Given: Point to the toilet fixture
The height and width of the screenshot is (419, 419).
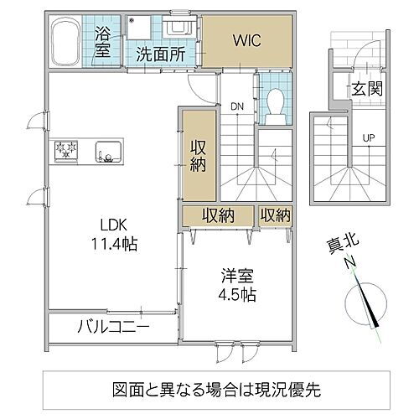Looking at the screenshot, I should [273, 103].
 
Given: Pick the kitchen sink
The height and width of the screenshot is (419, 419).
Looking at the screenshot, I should [107, 153].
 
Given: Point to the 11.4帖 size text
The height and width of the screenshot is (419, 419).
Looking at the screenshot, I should [116, 245].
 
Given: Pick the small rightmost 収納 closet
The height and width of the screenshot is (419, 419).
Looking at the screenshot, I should [274, 215].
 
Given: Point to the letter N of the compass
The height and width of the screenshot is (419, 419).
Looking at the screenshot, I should [350, 262].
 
